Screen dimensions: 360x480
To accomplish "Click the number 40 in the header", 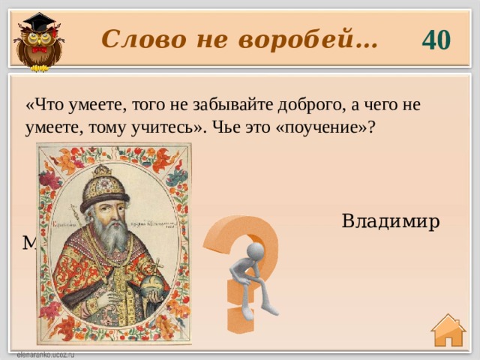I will point(436,39).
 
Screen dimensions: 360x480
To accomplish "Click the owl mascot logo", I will point(38,40).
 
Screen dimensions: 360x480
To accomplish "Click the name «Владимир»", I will point(390,222).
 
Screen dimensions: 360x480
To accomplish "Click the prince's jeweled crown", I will point(104,187).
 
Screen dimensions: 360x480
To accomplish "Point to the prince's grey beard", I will point(112,236).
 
